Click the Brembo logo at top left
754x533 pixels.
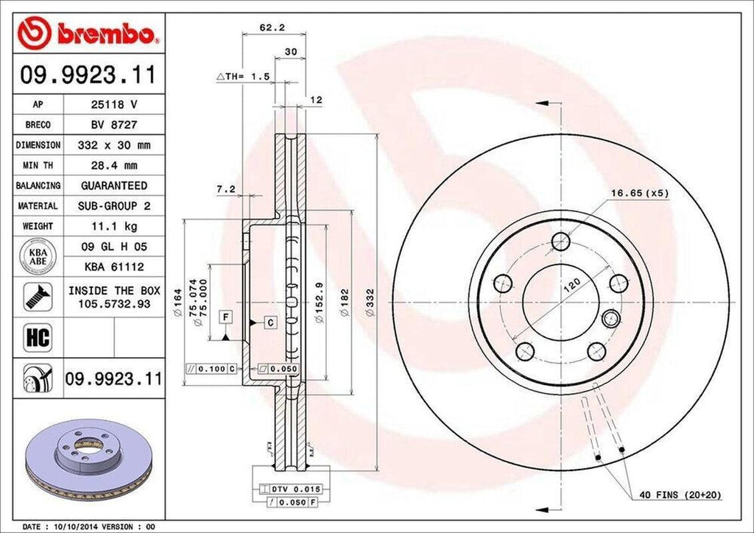point(88,33)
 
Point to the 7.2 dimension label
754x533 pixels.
point(225,189)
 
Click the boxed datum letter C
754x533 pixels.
point(270,322)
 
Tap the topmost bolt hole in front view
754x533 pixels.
point(560,241)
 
